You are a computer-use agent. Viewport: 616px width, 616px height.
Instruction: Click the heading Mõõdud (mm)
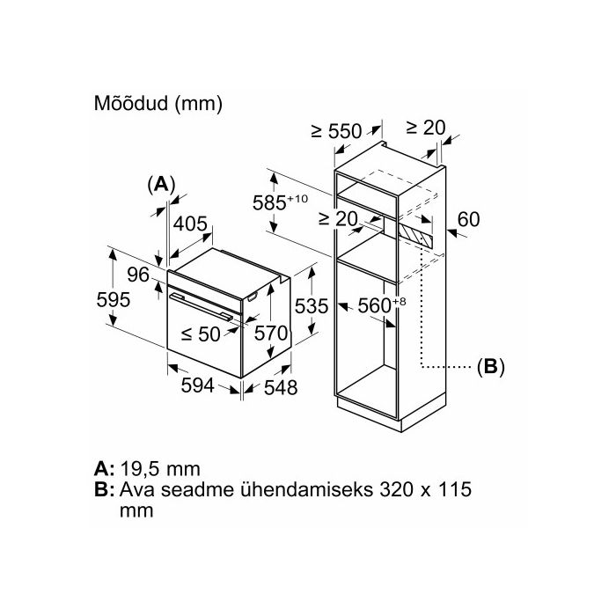coord(158,103)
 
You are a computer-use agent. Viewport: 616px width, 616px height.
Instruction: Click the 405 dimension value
coord(190,224)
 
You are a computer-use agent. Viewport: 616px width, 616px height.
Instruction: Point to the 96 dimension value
coord(138,275)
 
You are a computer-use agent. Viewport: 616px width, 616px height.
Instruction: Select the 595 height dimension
coord(114,300)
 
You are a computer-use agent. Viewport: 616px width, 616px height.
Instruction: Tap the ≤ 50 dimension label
coord(201,334)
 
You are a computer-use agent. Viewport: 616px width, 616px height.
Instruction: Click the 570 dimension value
coord(271,334)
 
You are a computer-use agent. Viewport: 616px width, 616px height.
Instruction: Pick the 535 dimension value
coord(312,306)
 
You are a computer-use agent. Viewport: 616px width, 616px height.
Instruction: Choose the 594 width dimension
coord(198,385)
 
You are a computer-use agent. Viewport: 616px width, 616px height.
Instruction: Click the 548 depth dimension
coord(281,388)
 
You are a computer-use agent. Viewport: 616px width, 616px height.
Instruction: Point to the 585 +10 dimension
coord(280,202)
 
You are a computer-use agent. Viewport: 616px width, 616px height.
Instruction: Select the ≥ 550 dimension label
coord(336,131)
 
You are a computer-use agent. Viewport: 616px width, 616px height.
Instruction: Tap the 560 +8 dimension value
coord(381,305)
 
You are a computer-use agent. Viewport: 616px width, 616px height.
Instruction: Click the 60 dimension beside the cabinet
coord(468,219)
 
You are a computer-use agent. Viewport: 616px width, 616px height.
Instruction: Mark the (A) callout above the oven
coord(161,184)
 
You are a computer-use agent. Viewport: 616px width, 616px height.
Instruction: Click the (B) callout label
coord(490,367)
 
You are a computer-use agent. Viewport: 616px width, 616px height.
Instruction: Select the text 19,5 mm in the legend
coord(160,469)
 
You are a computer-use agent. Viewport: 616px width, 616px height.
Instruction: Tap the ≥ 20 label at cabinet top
coord(425,127)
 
